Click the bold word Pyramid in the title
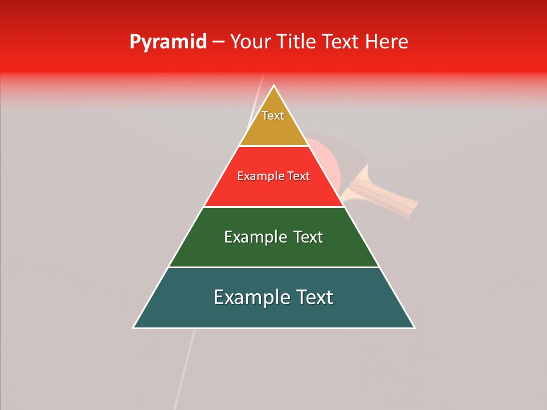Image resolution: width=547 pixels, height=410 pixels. (168, 42)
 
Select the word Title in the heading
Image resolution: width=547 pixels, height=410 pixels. (297, 42)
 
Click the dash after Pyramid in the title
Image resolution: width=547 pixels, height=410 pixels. (218, 42)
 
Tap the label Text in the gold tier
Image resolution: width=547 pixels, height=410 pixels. (273, 116)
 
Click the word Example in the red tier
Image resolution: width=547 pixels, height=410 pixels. (259, 177)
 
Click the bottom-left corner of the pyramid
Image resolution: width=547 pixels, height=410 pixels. (134, 327)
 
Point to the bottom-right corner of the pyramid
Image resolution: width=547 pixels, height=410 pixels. (414, 327)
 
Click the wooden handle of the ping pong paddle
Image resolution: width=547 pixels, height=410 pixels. (387, 196)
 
